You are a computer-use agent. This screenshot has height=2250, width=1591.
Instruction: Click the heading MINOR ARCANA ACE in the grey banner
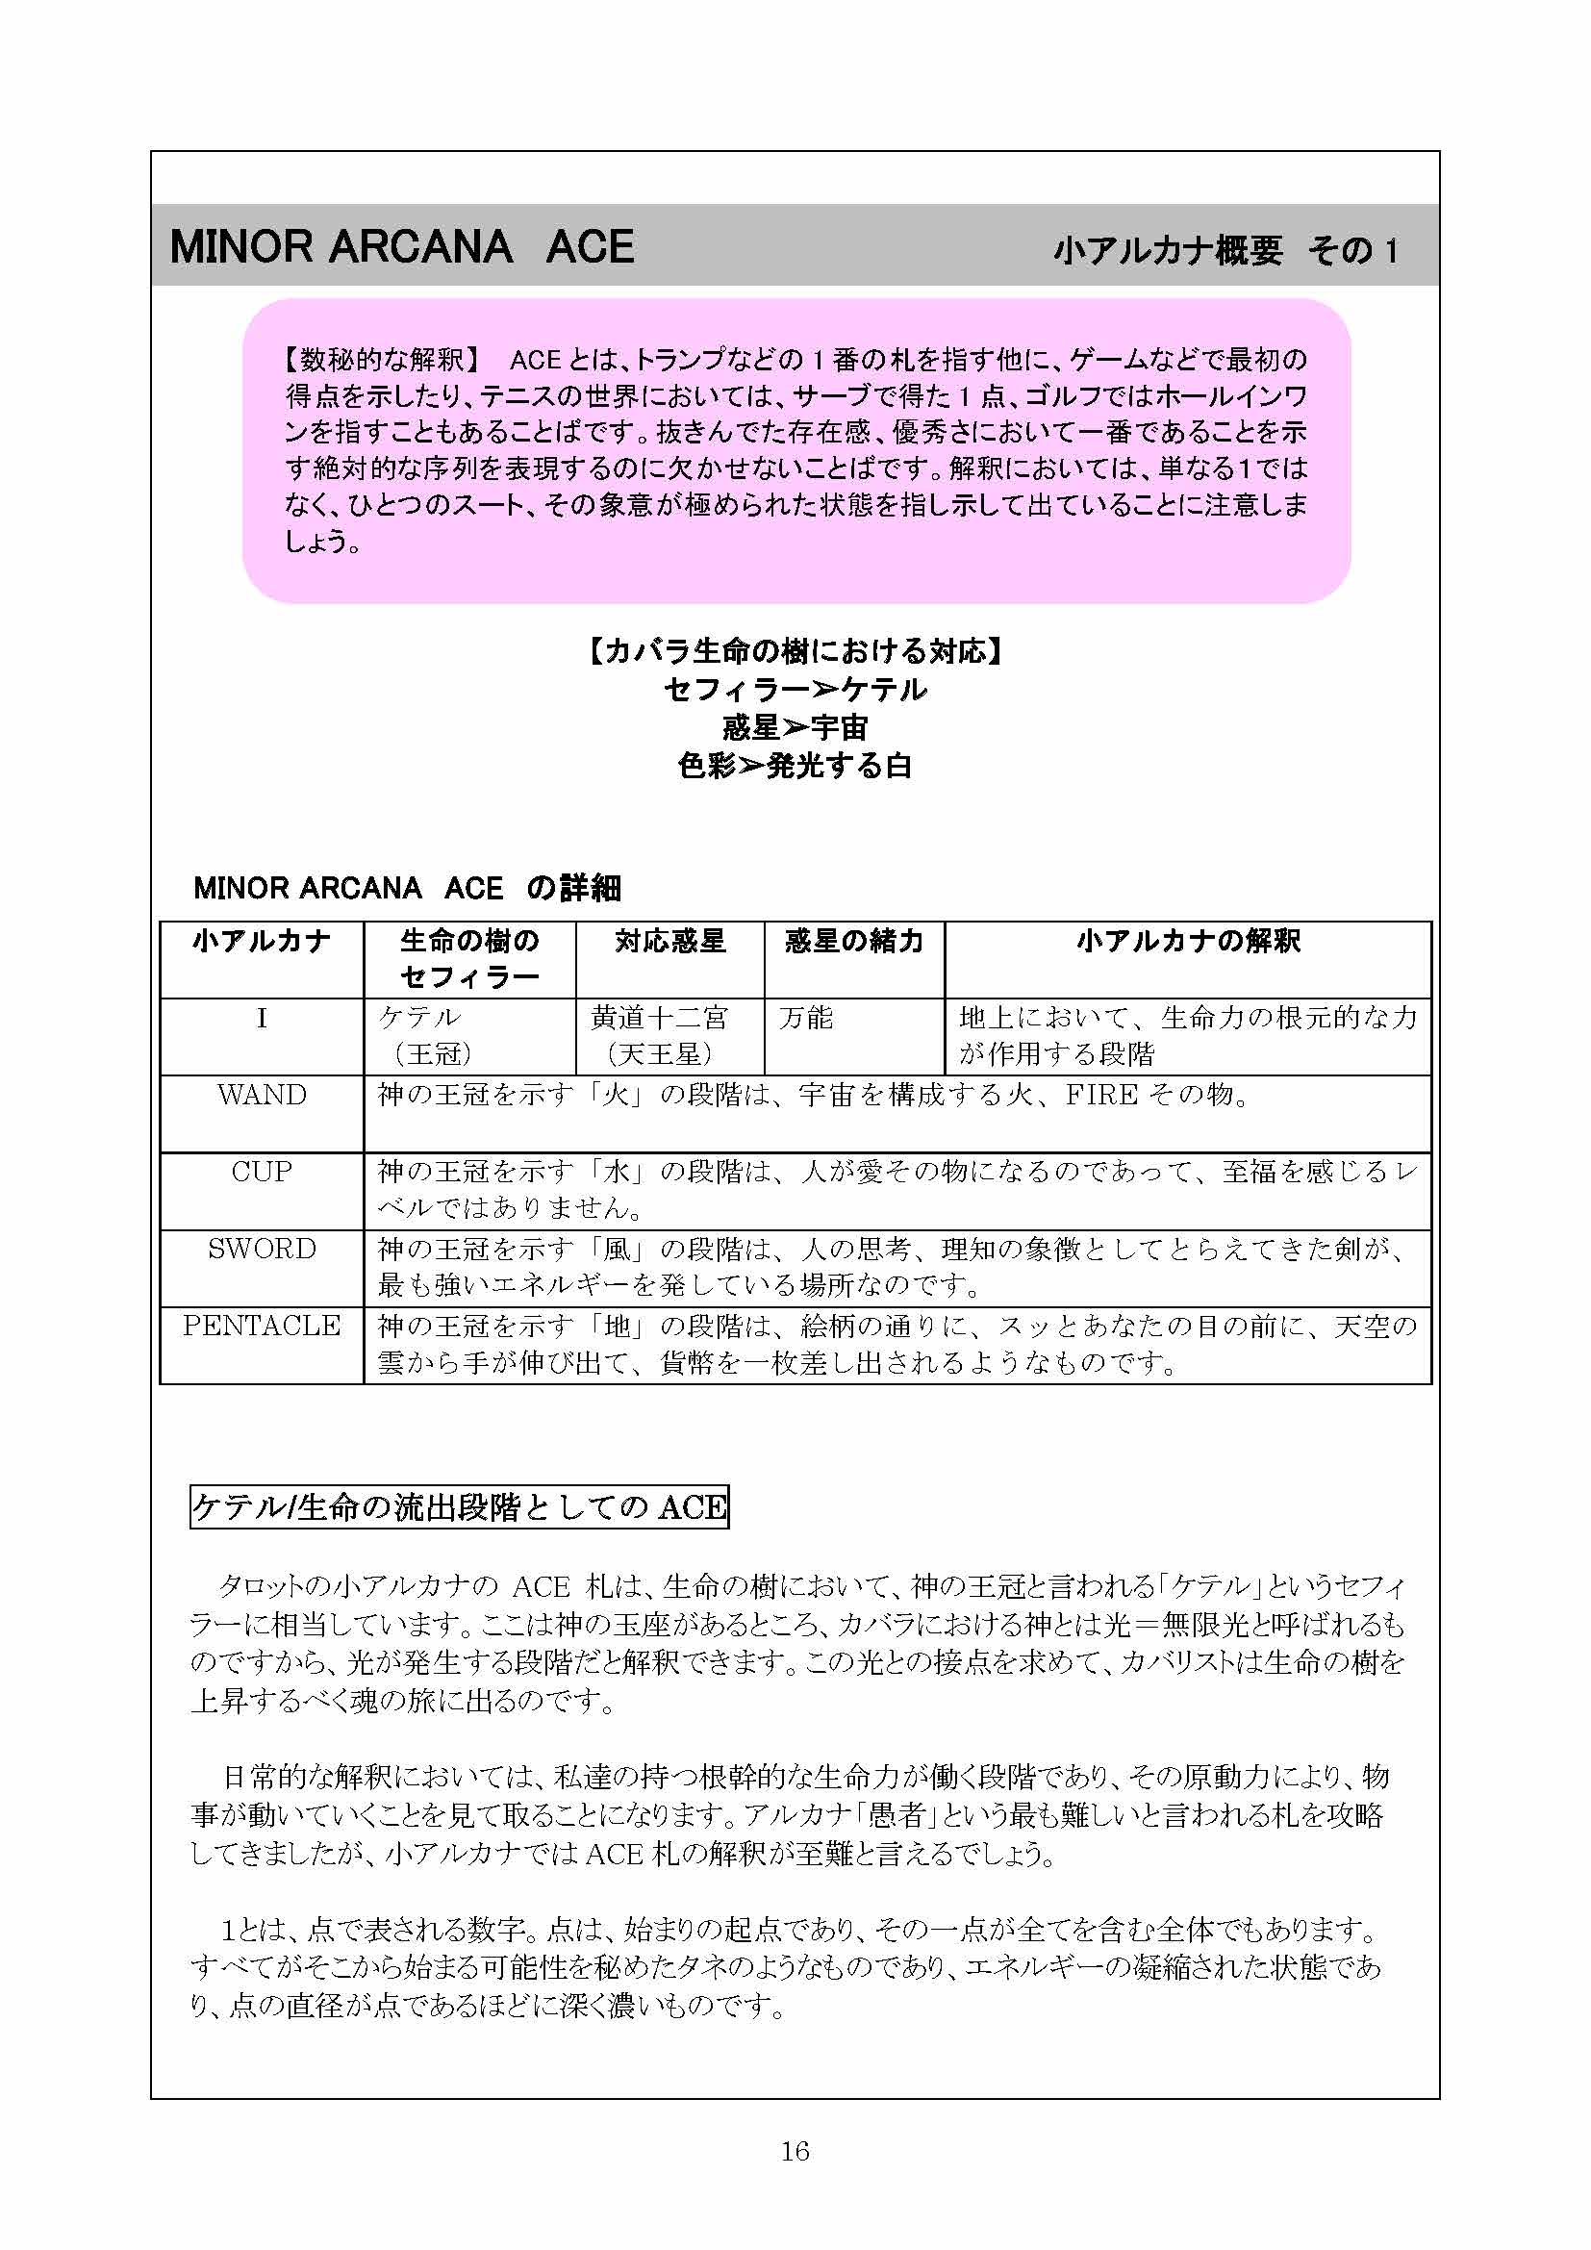(x=402, y=247)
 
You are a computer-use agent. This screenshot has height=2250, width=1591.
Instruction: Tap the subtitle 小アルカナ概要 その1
(x=1225, y=251)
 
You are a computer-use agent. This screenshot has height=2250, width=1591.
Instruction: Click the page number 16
(x=795, y=2150)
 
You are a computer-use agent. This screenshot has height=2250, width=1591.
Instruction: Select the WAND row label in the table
(x=262, y=1095)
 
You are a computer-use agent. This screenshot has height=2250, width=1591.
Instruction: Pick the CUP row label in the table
(x=262, y=1171)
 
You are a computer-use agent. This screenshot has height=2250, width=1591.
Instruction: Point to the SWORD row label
(x=262, y=1249)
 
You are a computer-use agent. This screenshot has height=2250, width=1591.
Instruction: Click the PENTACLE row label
(x=262, y=1325)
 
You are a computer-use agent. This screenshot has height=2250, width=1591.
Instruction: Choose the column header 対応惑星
(x=670, y=941)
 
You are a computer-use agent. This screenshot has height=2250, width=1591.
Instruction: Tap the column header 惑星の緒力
(x=854, y=941)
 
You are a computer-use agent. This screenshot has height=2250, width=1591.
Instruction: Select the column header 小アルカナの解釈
(x=1187, y=941)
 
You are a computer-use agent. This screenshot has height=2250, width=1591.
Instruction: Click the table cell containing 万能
(x=806, y=1018)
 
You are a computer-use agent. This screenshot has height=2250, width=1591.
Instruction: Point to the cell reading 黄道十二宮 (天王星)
(x=659, y=1036)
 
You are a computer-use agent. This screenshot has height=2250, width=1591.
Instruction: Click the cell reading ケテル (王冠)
(x=421, y=1036)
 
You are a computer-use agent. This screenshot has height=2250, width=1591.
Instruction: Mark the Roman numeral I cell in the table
(x=262, y=1018)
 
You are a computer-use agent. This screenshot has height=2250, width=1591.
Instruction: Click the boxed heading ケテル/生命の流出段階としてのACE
(x=460, y=1506)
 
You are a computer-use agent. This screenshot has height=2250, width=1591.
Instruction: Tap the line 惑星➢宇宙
(x=795, y=727)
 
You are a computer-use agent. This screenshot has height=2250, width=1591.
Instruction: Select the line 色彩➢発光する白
(x=795, y=766)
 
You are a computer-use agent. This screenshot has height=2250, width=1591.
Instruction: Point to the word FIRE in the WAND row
(x=1101, y=1095)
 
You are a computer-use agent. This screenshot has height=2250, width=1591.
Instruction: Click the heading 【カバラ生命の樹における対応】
(x=795, y=650)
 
